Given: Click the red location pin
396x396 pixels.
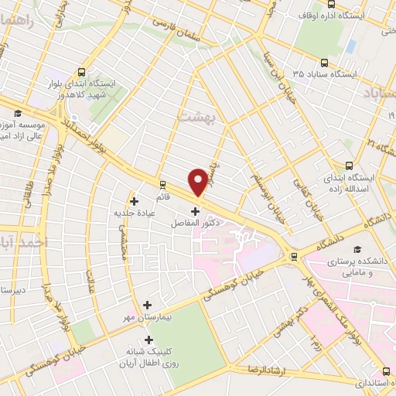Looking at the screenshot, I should pos(200,180).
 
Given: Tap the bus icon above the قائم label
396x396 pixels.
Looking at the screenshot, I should pos(162,184).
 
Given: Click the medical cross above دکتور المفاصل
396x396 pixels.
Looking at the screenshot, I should pos(194,210).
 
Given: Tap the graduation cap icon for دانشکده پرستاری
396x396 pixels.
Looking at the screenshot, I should pos(357,249).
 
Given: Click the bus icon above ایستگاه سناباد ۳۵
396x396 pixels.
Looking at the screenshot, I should pos(323,62).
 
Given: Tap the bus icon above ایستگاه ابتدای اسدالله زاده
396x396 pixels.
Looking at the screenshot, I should pos(348,165).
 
